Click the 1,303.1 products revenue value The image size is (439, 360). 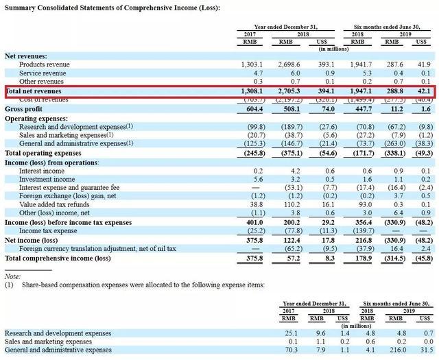(x=249, y=64)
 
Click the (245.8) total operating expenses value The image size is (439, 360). (x=249, y=153)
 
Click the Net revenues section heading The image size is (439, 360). (x=26, y=56)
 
